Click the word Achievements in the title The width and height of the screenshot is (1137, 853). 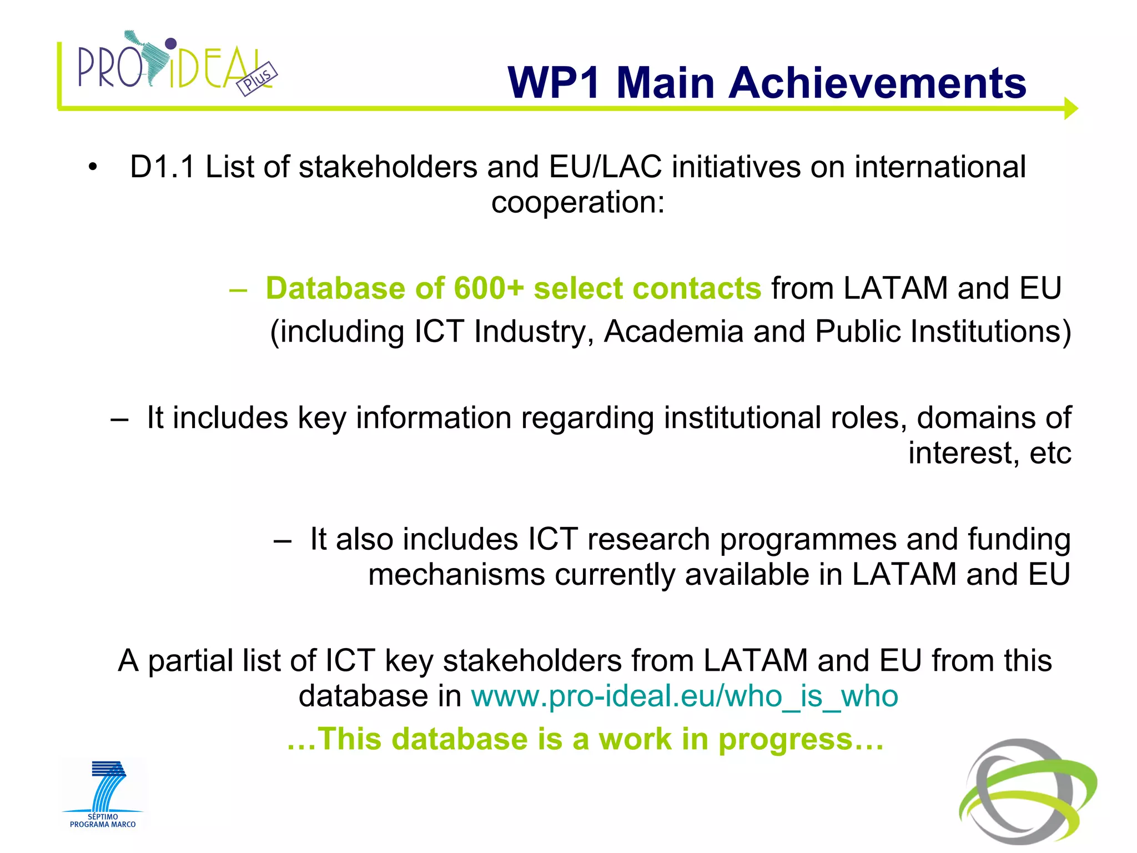[877, 83]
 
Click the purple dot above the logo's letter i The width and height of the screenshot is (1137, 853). [171, 43]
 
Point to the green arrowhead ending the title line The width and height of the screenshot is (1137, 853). [1070, 108]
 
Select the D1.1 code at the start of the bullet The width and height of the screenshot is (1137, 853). [162, 167]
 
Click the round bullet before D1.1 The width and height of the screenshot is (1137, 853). [92, 167]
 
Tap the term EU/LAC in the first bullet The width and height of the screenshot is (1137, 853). [605, 167]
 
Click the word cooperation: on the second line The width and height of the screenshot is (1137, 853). [577, 202]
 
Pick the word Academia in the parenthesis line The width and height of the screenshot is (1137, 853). [673, 332]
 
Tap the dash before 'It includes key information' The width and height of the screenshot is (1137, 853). [119, 419]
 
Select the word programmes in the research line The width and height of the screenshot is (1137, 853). [808, 540]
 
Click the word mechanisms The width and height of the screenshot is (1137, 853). [456, 575]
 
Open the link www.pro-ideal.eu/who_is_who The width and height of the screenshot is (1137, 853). [684, 696]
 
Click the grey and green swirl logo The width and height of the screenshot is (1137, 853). [1028, 791]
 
